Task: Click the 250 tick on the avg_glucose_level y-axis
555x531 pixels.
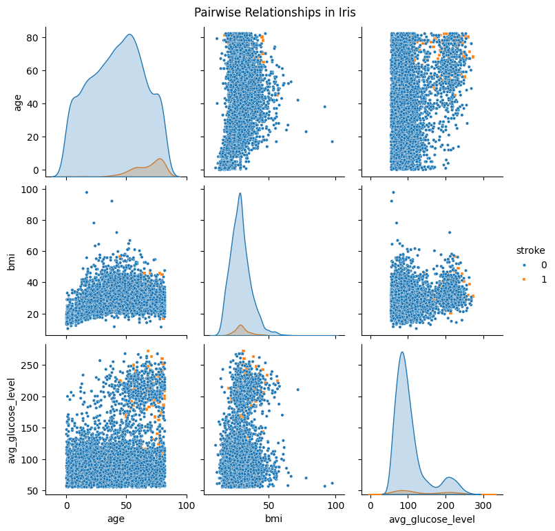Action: (45, 365)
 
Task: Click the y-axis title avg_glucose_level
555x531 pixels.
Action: (12, 418)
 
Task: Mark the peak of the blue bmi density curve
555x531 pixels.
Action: (240, 193)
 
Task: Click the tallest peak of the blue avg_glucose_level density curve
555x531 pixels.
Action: (402, 352)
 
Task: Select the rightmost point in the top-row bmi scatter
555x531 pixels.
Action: (332, 141)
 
